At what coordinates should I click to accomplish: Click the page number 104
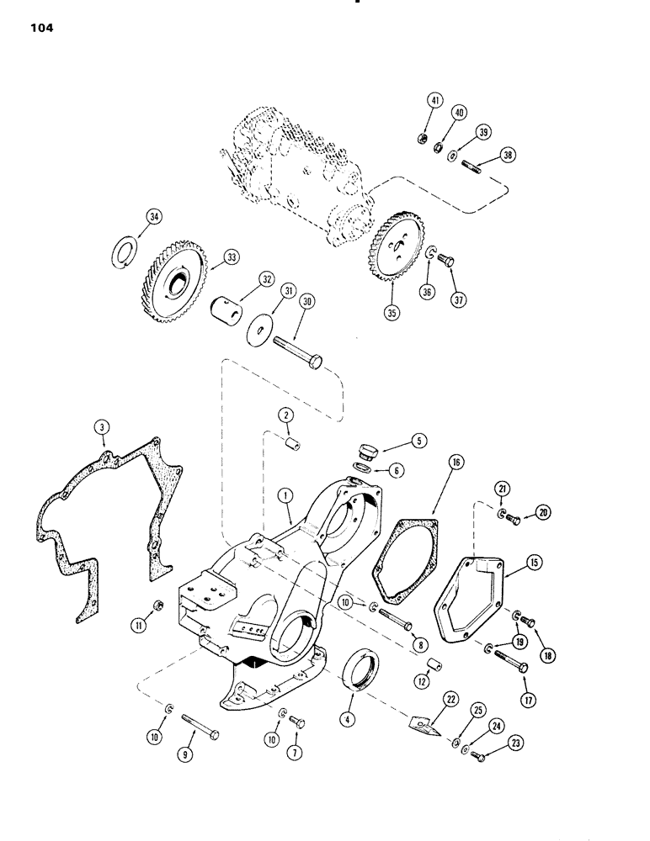point(39,28)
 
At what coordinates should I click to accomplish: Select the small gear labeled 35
point(394,254)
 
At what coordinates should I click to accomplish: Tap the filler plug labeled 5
point(369,449)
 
